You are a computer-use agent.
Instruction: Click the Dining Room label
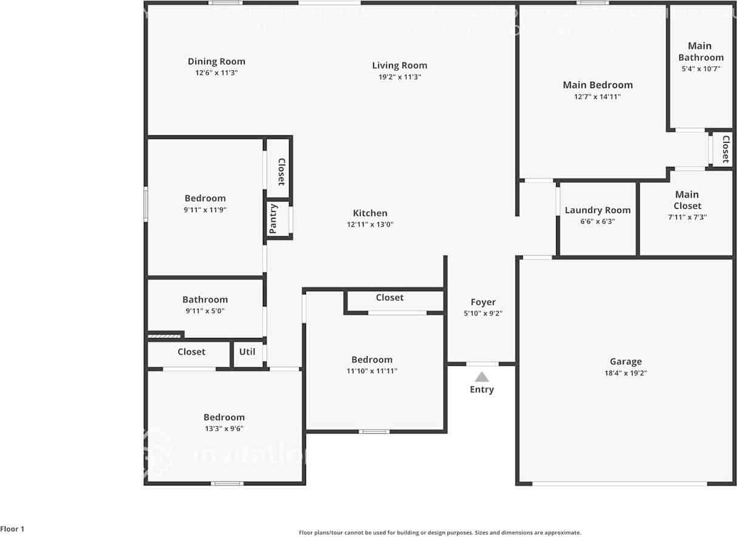(216, 61)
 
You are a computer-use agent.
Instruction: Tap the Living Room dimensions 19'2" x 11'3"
(399, 77)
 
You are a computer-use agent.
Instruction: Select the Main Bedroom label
(597, 85)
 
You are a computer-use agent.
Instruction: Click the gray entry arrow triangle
(481, 377)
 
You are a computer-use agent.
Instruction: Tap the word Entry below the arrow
(481, 390)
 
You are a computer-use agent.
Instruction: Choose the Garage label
(625, 362)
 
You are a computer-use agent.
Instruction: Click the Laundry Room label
(597, 211)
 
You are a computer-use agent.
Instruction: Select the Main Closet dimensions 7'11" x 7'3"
(687, 217)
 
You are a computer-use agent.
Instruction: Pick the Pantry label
(273, 218)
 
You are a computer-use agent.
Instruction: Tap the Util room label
(247, 352)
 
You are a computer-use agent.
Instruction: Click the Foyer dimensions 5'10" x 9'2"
(483, 314)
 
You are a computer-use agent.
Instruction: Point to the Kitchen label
(370, 213)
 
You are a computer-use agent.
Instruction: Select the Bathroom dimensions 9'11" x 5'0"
(205, 311)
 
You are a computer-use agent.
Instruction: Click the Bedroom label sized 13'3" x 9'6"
(224, 417)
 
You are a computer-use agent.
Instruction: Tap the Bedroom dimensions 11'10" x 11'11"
(372, 371)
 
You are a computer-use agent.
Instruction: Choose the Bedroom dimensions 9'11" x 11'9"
(205, 210)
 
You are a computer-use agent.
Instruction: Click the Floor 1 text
(12, 529)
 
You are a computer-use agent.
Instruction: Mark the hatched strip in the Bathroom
(165, 334)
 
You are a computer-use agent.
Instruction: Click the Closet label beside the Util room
(191, 352)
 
